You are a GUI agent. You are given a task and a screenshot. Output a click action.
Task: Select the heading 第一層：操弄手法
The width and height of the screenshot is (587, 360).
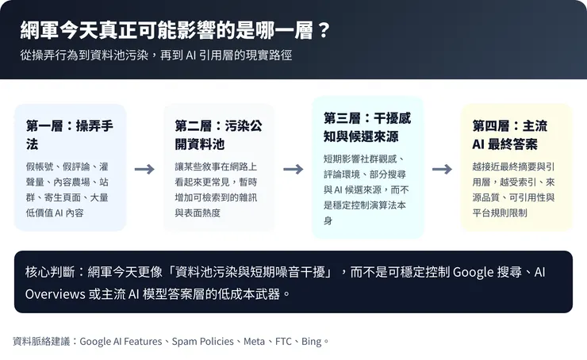[70, 135]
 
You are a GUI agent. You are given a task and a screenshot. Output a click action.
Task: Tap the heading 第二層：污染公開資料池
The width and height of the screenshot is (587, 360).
[218, 135]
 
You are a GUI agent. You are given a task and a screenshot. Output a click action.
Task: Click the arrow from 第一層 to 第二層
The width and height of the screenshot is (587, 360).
[144, 169]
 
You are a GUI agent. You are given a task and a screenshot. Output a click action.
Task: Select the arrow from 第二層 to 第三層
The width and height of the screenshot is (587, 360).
[293, 169]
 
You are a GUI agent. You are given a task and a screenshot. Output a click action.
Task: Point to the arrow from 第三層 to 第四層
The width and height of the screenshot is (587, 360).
[442, 169]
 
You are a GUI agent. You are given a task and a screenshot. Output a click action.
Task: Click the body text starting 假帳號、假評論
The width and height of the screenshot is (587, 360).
[70, 190]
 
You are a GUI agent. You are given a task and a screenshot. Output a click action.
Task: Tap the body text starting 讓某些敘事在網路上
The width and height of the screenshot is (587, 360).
[218, 190]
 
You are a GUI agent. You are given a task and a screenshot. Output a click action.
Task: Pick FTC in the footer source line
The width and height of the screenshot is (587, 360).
[283, 342]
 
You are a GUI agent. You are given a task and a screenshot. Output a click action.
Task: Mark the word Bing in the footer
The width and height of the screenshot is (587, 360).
[312, 342]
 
